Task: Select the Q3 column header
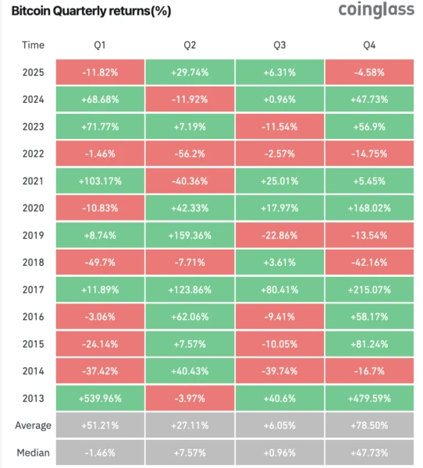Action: point(279,44)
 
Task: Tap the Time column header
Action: point(34,44)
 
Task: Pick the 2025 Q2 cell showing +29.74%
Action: point(189,73)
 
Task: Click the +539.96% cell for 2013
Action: point(98,397)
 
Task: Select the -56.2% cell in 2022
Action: point(189,154)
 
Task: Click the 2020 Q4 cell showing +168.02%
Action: point(369,208)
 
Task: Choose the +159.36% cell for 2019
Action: point(189,236)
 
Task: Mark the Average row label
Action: point(34,425)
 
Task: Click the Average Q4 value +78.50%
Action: point(369,425)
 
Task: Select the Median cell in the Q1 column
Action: point(98,452)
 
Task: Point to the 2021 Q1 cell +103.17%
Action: point(98,182)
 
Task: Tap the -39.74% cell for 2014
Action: point(279,370)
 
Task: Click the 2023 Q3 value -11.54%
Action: point(279,127)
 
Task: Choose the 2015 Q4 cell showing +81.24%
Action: point(369,343)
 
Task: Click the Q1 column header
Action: point(98,44)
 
